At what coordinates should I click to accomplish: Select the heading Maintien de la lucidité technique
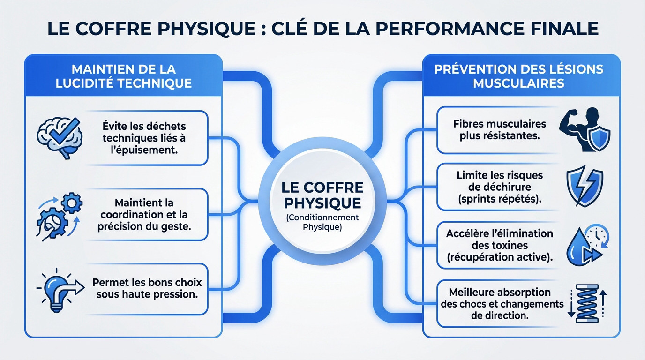124,76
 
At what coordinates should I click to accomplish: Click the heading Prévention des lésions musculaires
518,76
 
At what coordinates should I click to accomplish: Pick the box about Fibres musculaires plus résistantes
499,130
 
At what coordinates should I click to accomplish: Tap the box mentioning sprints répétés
499,187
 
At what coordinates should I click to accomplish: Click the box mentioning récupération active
499,245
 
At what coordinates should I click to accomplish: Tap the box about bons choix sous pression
147,288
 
